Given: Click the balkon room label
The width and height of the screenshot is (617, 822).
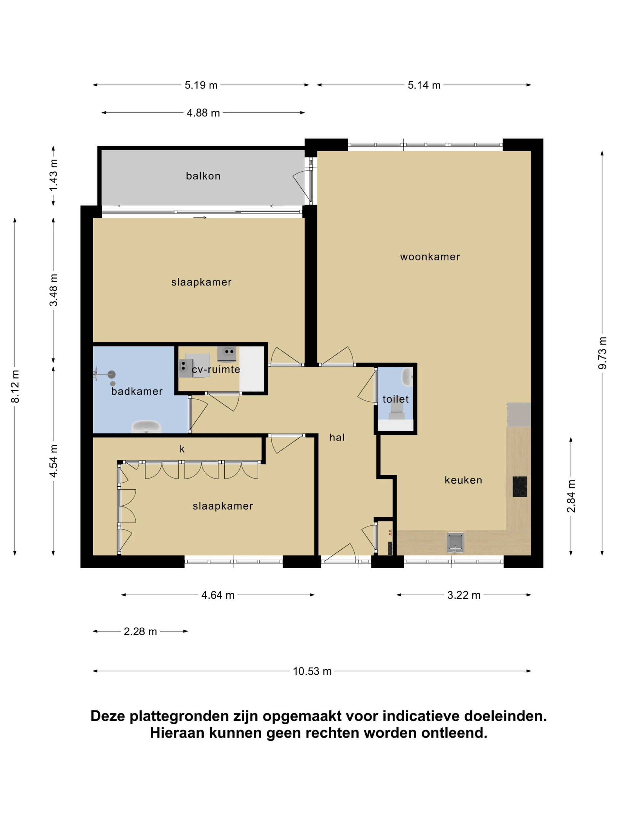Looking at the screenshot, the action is [203, 175].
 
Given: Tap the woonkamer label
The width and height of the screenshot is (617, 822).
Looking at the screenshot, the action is [430, 257].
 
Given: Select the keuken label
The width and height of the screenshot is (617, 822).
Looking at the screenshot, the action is [463, 480].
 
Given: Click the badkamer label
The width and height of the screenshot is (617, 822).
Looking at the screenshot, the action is [137, 391].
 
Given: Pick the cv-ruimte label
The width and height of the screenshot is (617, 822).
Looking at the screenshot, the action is [216, 369].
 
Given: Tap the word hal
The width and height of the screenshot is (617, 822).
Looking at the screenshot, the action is [337, 437].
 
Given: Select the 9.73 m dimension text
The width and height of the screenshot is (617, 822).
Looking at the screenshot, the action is [602, 353].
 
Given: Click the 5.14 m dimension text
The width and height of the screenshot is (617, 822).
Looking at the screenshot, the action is [424, 85].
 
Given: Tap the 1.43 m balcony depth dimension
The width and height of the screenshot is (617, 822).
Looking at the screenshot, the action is [54, 175].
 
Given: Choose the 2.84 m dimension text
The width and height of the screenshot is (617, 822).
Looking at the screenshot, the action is [571, 496].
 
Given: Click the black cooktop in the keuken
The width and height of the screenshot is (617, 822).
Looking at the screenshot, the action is [520, 486].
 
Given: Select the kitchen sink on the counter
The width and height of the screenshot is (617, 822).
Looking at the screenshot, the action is [455, 543].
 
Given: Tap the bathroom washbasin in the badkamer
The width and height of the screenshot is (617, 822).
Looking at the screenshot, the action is [146, 426].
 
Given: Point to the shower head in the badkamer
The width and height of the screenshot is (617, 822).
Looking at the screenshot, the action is [111, 374].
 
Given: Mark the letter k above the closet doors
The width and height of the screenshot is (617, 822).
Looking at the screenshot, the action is [182, 449].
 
